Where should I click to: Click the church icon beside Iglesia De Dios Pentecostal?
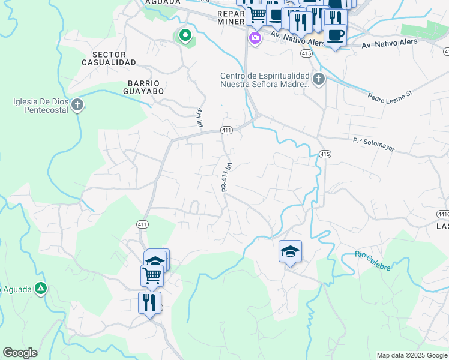77,106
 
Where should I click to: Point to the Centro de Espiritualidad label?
265,80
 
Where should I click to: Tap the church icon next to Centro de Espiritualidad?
318,79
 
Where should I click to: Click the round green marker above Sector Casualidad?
185,35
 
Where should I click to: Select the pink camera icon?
255,38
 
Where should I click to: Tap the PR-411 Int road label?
226,175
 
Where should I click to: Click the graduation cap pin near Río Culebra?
290,252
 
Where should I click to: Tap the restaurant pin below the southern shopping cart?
149,302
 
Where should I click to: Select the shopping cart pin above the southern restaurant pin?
152,275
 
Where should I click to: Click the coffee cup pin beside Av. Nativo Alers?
335,35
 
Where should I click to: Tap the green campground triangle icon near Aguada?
40,289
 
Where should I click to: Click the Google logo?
20,353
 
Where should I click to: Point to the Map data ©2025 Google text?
411,355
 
